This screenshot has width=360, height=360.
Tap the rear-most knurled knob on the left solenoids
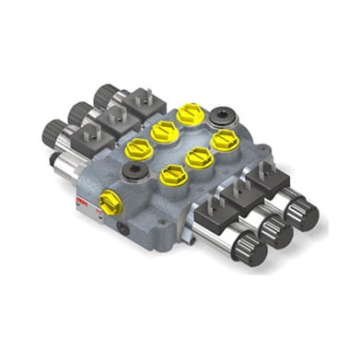(104, 95)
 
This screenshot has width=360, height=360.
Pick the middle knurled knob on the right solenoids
(274, 231)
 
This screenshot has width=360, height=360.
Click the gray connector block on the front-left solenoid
(88, 138)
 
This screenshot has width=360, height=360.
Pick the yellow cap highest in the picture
(190, 113)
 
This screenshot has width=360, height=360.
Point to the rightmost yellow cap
(224, 141)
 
